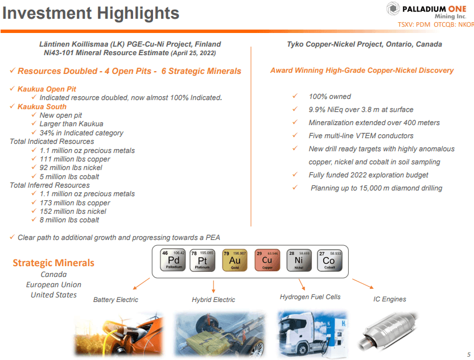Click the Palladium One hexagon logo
coord(394,10)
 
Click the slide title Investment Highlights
coord(90,13)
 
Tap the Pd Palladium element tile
coord(173,259)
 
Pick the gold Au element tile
coord(235,259)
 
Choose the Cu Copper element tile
coord(267,259)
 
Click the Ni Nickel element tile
coord(299,259)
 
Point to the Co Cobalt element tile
coord(329,259)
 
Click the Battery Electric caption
coord(116,300)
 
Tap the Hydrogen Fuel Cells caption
coord(310,297)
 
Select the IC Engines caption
coord(389,299)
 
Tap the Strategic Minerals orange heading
coord(53,263)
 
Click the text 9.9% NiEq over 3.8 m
coord(361,109)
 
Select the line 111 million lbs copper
coord(75,159)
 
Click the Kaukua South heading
coord(42,106)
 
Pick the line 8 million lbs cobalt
coord(69,220)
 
